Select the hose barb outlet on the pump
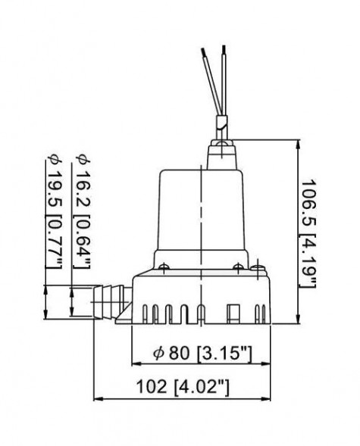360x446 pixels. click(x=108, y=300)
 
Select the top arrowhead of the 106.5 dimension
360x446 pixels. click(x=296, y=142)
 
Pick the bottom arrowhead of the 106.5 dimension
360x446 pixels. click(x=296, y=321)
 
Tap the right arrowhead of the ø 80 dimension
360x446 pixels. click(x=268, y=365)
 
